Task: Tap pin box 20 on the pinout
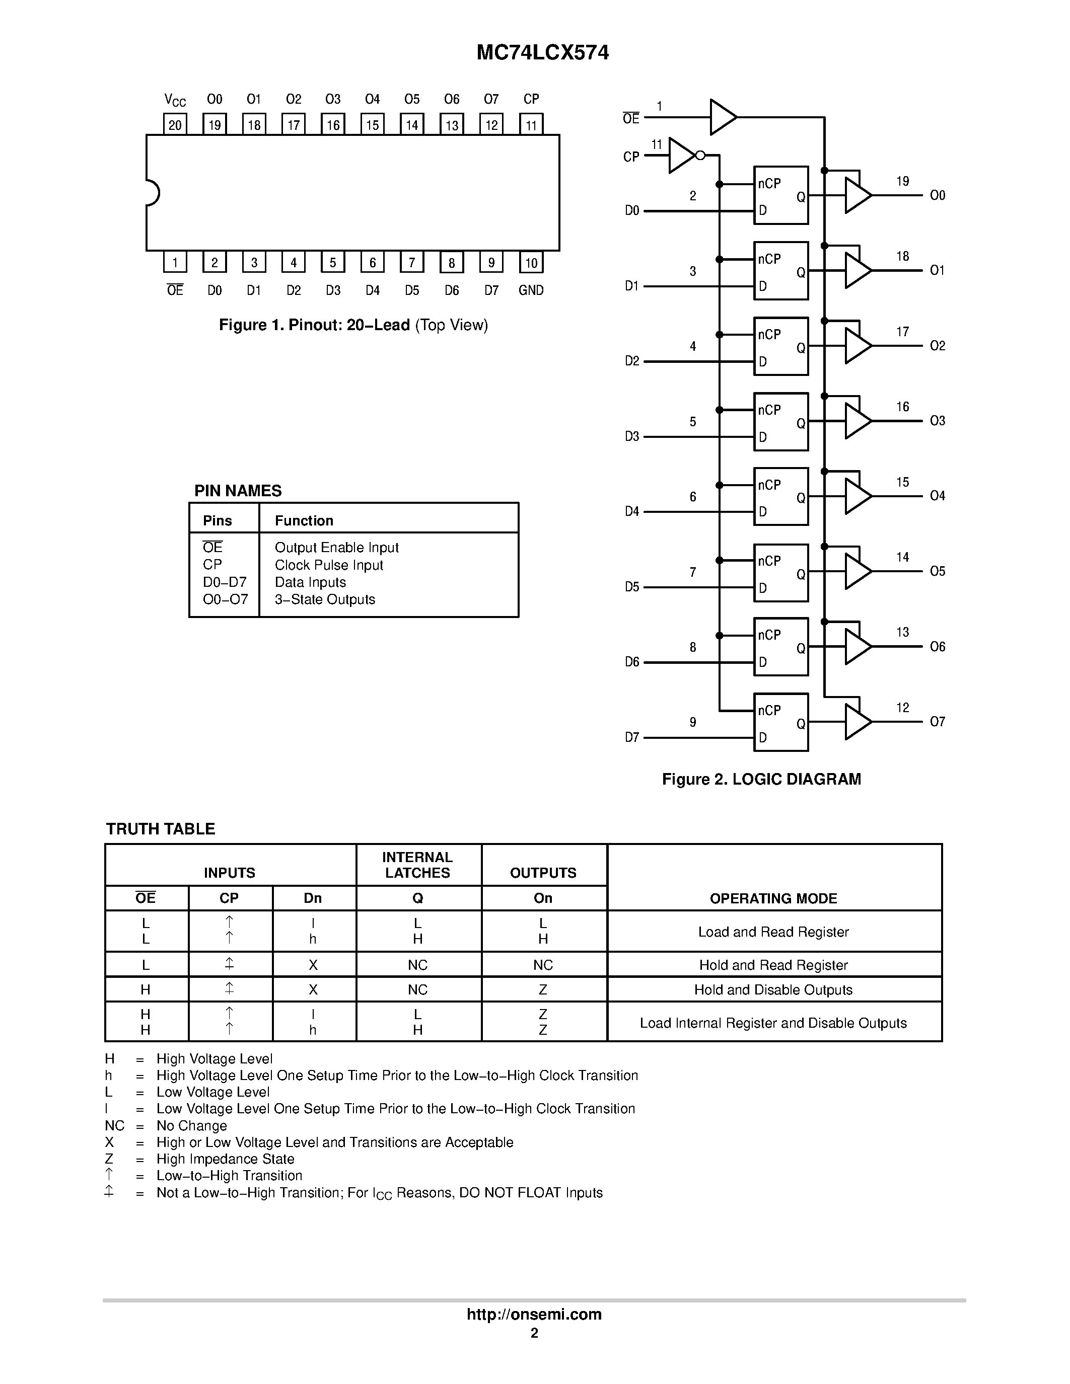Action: click(175, 124)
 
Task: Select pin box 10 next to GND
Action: click(531, 262)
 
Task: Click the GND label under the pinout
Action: click(531, 290)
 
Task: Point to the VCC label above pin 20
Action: click(175, 100)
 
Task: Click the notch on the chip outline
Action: click(152, 193)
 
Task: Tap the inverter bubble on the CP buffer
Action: click(700, 155)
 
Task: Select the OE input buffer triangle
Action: click(722, 117)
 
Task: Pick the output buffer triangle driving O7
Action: click(857, 722)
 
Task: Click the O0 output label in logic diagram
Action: click(937, 195)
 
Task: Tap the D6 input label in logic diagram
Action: click(632, 662)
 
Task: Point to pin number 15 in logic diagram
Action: click(903, 482)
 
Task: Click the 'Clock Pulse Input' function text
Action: click(328, 565)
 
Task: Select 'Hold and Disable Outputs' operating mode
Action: click(773, 990)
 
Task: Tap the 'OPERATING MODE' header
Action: click(773, 898)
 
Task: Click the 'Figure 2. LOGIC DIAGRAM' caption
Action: click(761, 779)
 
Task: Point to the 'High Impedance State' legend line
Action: click(225, 1159)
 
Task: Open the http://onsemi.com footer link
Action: click(534, 1314)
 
